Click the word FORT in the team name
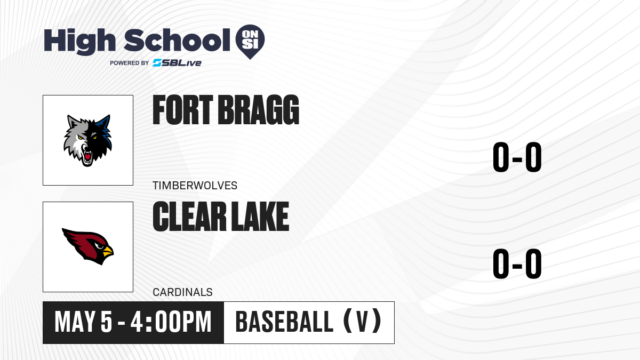[x=183, y=110]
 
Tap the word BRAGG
[x=258, y=110]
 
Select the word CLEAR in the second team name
[x=189, y=217]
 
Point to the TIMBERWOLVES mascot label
[x=195, y=186]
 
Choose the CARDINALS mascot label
[x=182, y=292]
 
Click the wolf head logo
[x=87, y=140]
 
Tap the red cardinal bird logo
[x=87, y=246]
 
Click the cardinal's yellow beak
[x=108, y=251]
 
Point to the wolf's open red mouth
[x=87, y=157]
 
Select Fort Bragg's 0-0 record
[x=517, y=157]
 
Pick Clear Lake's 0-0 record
[x=517, y=263]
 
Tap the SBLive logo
[x=177, y=62]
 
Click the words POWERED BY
[x=130, y=63]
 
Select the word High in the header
[x=79, y=42]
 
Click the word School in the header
[x=177, y=40]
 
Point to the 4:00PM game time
[x=171, y=322]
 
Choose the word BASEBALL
[x=284, y=322]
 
